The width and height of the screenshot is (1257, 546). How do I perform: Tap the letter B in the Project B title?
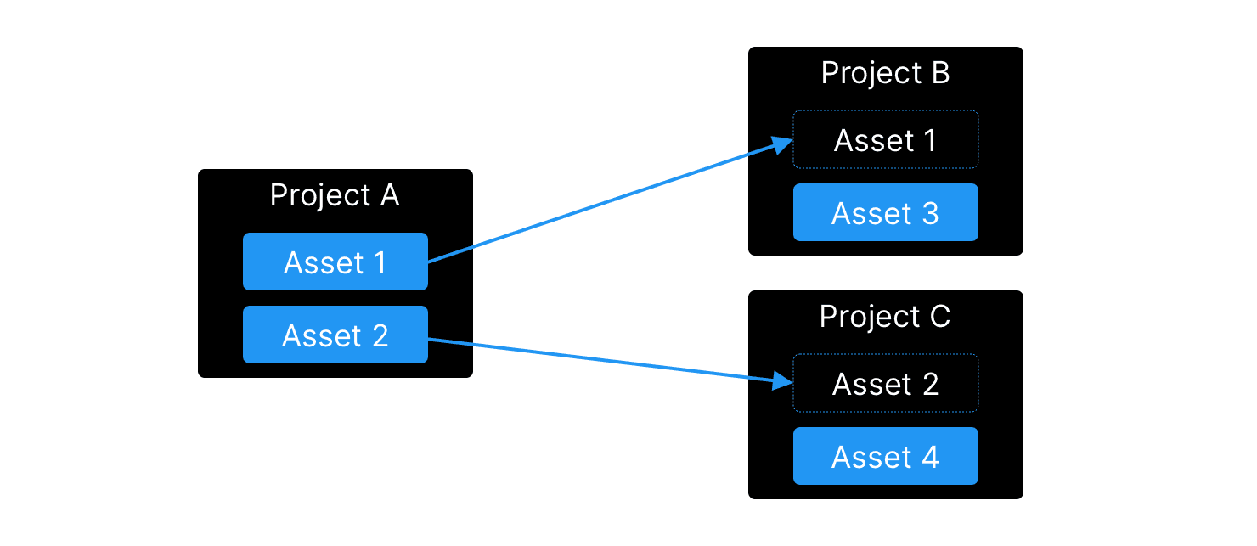point(939,74)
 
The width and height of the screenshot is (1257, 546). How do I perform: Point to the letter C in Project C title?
point(939,318)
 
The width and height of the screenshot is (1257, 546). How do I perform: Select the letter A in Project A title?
point(388,195)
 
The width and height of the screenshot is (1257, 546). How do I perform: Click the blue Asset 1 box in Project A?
point(335,262)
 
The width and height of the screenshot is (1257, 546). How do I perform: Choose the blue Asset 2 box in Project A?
point(335,335)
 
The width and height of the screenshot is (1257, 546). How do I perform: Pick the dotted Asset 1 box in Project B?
point(885,140)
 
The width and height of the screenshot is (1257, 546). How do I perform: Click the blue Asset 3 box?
point(885,213)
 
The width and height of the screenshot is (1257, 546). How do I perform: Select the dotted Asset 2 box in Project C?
point(885,384)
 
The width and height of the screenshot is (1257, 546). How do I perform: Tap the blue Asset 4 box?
point(885,457)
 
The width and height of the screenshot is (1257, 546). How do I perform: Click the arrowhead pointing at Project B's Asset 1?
point(782,146)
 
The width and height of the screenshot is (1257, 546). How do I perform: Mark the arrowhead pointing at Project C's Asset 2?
point(782,381)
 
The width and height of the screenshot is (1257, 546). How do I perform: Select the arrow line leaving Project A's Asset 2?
point(595,360)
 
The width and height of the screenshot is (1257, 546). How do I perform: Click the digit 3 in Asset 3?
point(929,213)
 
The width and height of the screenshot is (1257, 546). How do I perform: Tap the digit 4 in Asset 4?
point(930,457)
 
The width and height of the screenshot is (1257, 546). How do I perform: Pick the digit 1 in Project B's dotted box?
point(929,140)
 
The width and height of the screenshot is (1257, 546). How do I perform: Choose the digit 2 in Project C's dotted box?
point(929,384)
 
